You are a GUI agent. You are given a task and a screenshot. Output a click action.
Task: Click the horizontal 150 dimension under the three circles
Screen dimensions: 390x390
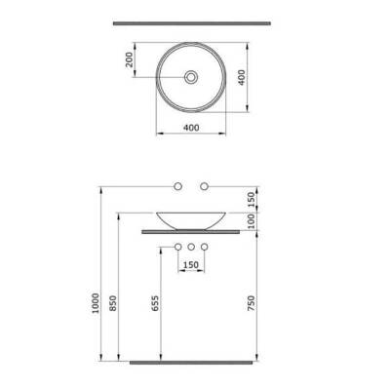click(x=192, y=266)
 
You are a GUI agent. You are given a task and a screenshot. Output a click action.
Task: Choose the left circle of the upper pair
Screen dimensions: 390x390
click(x=178, y=184)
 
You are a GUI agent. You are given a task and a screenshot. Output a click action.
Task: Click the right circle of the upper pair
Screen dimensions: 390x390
click(x=205, y=184)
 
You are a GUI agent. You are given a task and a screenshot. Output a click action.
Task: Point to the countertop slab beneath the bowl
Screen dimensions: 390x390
click(x=191, y=232)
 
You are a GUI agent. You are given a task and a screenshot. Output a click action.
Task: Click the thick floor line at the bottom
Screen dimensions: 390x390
click(x=191, y=365)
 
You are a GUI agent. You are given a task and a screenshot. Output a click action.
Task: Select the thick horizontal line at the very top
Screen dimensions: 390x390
click(x=191, y=21)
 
